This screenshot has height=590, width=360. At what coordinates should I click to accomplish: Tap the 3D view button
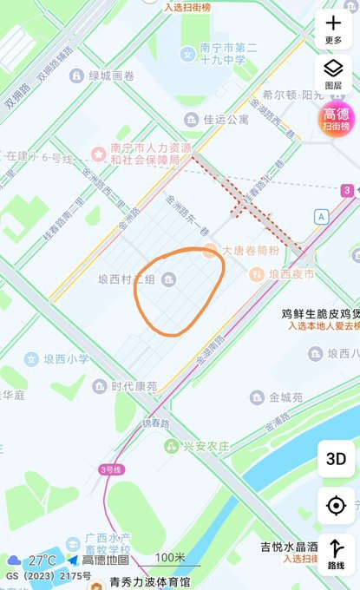(x=335, y=459)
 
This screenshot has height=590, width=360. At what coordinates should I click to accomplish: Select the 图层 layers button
(x=334, y=73)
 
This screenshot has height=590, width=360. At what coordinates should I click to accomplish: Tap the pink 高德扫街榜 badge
(x=335, y=119)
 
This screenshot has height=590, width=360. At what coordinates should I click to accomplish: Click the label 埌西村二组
(x=127, y=279)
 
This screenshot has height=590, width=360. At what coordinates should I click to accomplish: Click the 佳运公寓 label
(x=226, y=120)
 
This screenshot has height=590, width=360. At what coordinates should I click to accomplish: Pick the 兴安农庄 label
(x=207, y=446)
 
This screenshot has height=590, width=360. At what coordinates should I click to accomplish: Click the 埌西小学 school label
(x=66, y=358)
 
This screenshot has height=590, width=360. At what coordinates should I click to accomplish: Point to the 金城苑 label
(x=285, y=397)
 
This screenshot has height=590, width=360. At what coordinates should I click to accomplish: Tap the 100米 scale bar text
(x=170, y=557)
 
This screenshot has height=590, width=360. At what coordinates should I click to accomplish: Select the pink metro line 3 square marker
(x=347, y=190)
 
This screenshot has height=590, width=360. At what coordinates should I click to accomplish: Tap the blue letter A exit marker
(x=322, y=216)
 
